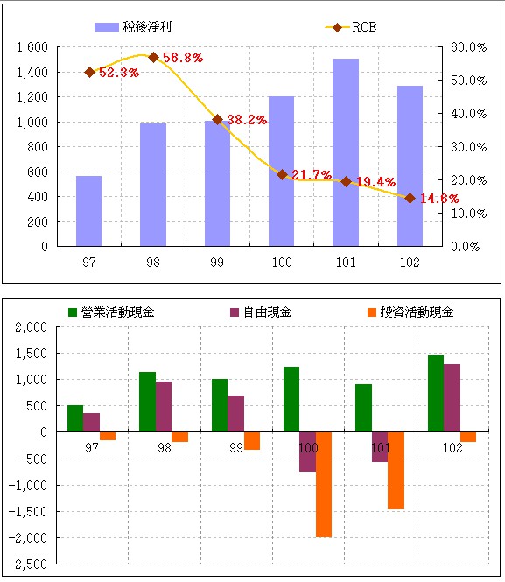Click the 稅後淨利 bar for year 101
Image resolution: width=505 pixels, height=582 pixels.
coord(345,152)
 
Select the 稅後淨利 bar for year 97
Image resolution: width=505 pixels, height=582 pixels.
coord(88,211)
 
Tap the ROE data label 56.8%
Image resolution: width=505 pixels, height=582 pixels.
coord(182,58)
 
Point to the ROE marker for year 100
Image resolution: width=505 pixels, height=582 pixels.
coord(282,174)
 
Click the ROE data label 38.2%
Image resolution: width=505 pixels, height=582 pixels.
coord(247,120)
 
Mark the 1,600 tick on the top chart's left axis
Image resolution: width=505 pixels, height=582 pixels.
coord(31,47)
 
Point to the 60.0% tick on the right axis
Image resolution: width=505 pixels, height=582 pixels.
coord(468,47)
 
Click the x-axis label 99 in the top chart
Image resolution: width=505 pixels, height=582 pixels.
coord(217,261)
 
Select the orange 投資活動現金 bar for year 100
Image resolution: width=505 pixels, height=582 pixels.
coord(324,484)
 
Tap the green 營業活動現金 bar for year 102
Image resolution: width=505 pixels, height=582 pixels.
coord(436,393)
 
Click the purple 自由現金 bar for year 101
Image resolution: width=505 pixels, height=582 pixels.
coord(379,446)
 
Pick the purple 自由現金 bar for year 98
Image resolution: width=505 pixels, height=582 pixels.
coord(164,406)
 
